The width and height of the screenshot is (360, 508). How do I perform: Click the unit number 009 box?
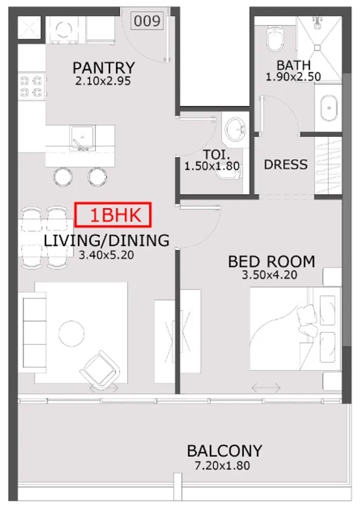point(147,21)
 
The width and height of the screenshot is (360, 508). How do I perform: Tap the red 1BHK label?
point(113,215)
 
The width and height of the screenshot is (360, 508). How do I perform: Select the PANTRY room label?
point(103,68)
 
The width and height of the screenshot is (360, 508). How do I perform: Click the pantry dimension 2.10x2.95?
point(103,81)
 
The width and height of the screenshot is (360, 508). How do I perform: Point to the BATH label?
point(294,65)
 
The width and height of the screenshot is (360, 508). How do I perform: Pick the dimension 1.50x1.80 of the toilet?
point(212,166)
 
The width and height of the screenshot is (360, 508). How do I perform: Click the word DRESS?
point(286,165)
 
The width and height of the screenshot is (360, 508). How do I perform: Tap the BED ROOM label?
point(271,262)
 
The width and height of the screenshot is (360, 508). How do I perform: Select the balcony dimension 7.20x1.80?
point(222,465)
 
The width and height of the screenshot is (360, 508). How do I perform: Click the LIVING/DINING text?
point(106,241)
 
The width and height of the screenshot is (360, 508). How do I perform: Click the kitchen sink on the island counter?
point(83,138)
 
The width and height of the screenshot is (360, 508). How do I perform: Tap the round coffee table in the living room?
point(72,333)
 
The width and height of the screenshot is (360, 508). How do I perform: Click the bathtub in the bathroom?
point(329,108)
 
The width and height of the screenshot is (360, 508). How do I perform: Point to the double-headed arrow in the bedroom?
point(266,387)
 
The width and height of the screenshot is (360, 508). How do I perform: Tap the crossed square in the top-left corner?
point(29,28)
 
